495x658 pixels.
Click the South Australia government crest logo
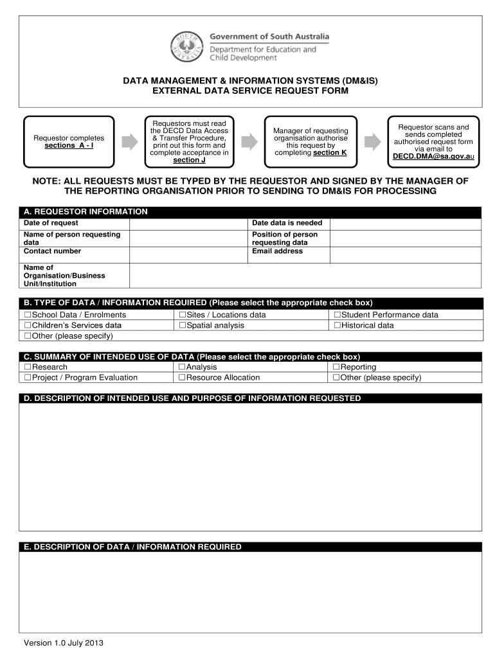pyautogui.click(x=188, y=47)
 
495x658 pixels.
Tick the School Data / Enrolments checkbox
pyautogui.click(x=28, y=315)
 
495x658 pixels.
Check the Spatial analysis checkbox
pyautogui.click(x=182, y=325)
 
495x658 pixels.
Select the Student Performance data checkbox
pyautogui.click(x=337, y=315)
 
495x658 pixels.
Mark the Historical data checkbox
pyautogui.click(x=337, y=325)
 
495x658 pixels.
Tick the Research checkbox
pyautogui.click(x=28, y=367)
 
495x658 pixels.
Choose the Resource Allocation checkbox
pyautogui.click(x=182, y=377)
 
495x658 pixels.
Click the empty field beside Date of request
pyautogui.click(x=188, y=223)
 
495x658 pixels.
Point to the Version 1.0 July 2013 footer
pyautogui.click(x=63, y=643)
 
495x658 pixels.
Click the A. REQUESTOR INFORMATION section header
pyautogui.click(x=85, y=211)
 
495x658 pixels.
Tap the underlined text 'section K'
pyautogui.click(x=330, y=153)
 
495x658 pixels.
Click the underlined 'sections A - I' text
pyautogui.click(x=69, y=146)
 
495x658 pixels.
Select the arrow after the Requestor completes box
pyautogui.click(x=130, y=142)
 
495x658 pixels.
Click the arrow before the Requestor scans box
pyautogui.click(x=372, y=142)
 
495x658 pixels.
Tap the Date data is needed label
pyautogui.click(x=287, y=223)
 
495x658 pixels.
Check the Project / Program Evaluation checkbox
pyautogui.click(x=28, y=377)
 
